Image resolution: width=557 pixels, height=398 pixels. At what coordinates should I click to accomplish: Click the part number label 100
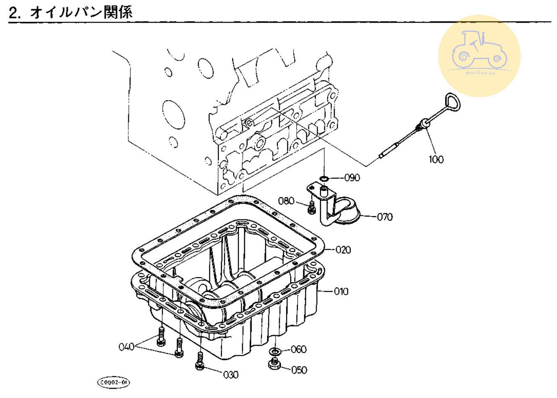(436, 159)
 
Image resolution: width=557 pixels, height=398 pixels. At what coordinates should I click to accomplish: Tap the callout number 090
(352, 178)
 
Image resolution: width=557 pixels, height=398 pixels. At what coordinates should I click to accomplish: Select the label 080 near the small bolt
(286, 201)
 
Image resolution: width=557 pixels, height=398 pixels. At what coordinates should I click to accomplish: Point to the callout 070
(385, 217)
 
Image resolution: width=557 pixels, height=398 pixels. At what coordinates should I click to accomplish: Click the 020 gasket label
(343, 250)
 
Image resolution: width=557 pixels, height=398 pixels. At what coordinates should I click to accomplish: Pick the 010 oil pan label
(341, 291)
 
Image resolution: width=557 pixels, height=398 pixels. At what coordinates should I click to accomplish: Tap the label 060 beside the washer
(298, 349)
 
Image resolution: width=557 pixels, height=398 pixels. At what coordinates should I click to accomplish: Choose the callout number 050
(299, 370)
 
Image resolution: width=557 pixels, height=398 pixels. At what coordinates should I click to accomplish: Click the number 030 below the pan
(230, 375)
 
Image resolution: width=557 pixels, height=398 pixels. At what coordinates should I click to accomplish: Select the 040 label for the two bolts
(126, 346)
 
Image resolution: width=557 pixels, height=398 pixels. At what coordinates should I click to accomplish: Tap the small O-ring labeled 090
(323, 179)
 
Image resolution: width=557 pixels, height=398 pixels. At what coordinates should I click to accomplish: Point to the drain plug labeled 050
(274, 364)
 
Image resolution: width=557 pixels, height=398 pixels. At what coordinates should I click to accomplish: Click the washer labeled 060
(275, 351)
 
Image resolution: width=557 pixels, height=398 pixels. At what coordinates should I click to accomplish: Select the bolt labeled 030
(200, 361)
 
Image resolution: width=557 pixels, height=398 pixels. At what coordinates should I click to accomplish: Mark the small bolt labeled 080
(311, 207)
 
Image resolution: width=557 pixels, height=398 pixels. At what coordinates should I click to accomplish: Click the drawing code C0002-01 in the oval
(113, 382)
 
